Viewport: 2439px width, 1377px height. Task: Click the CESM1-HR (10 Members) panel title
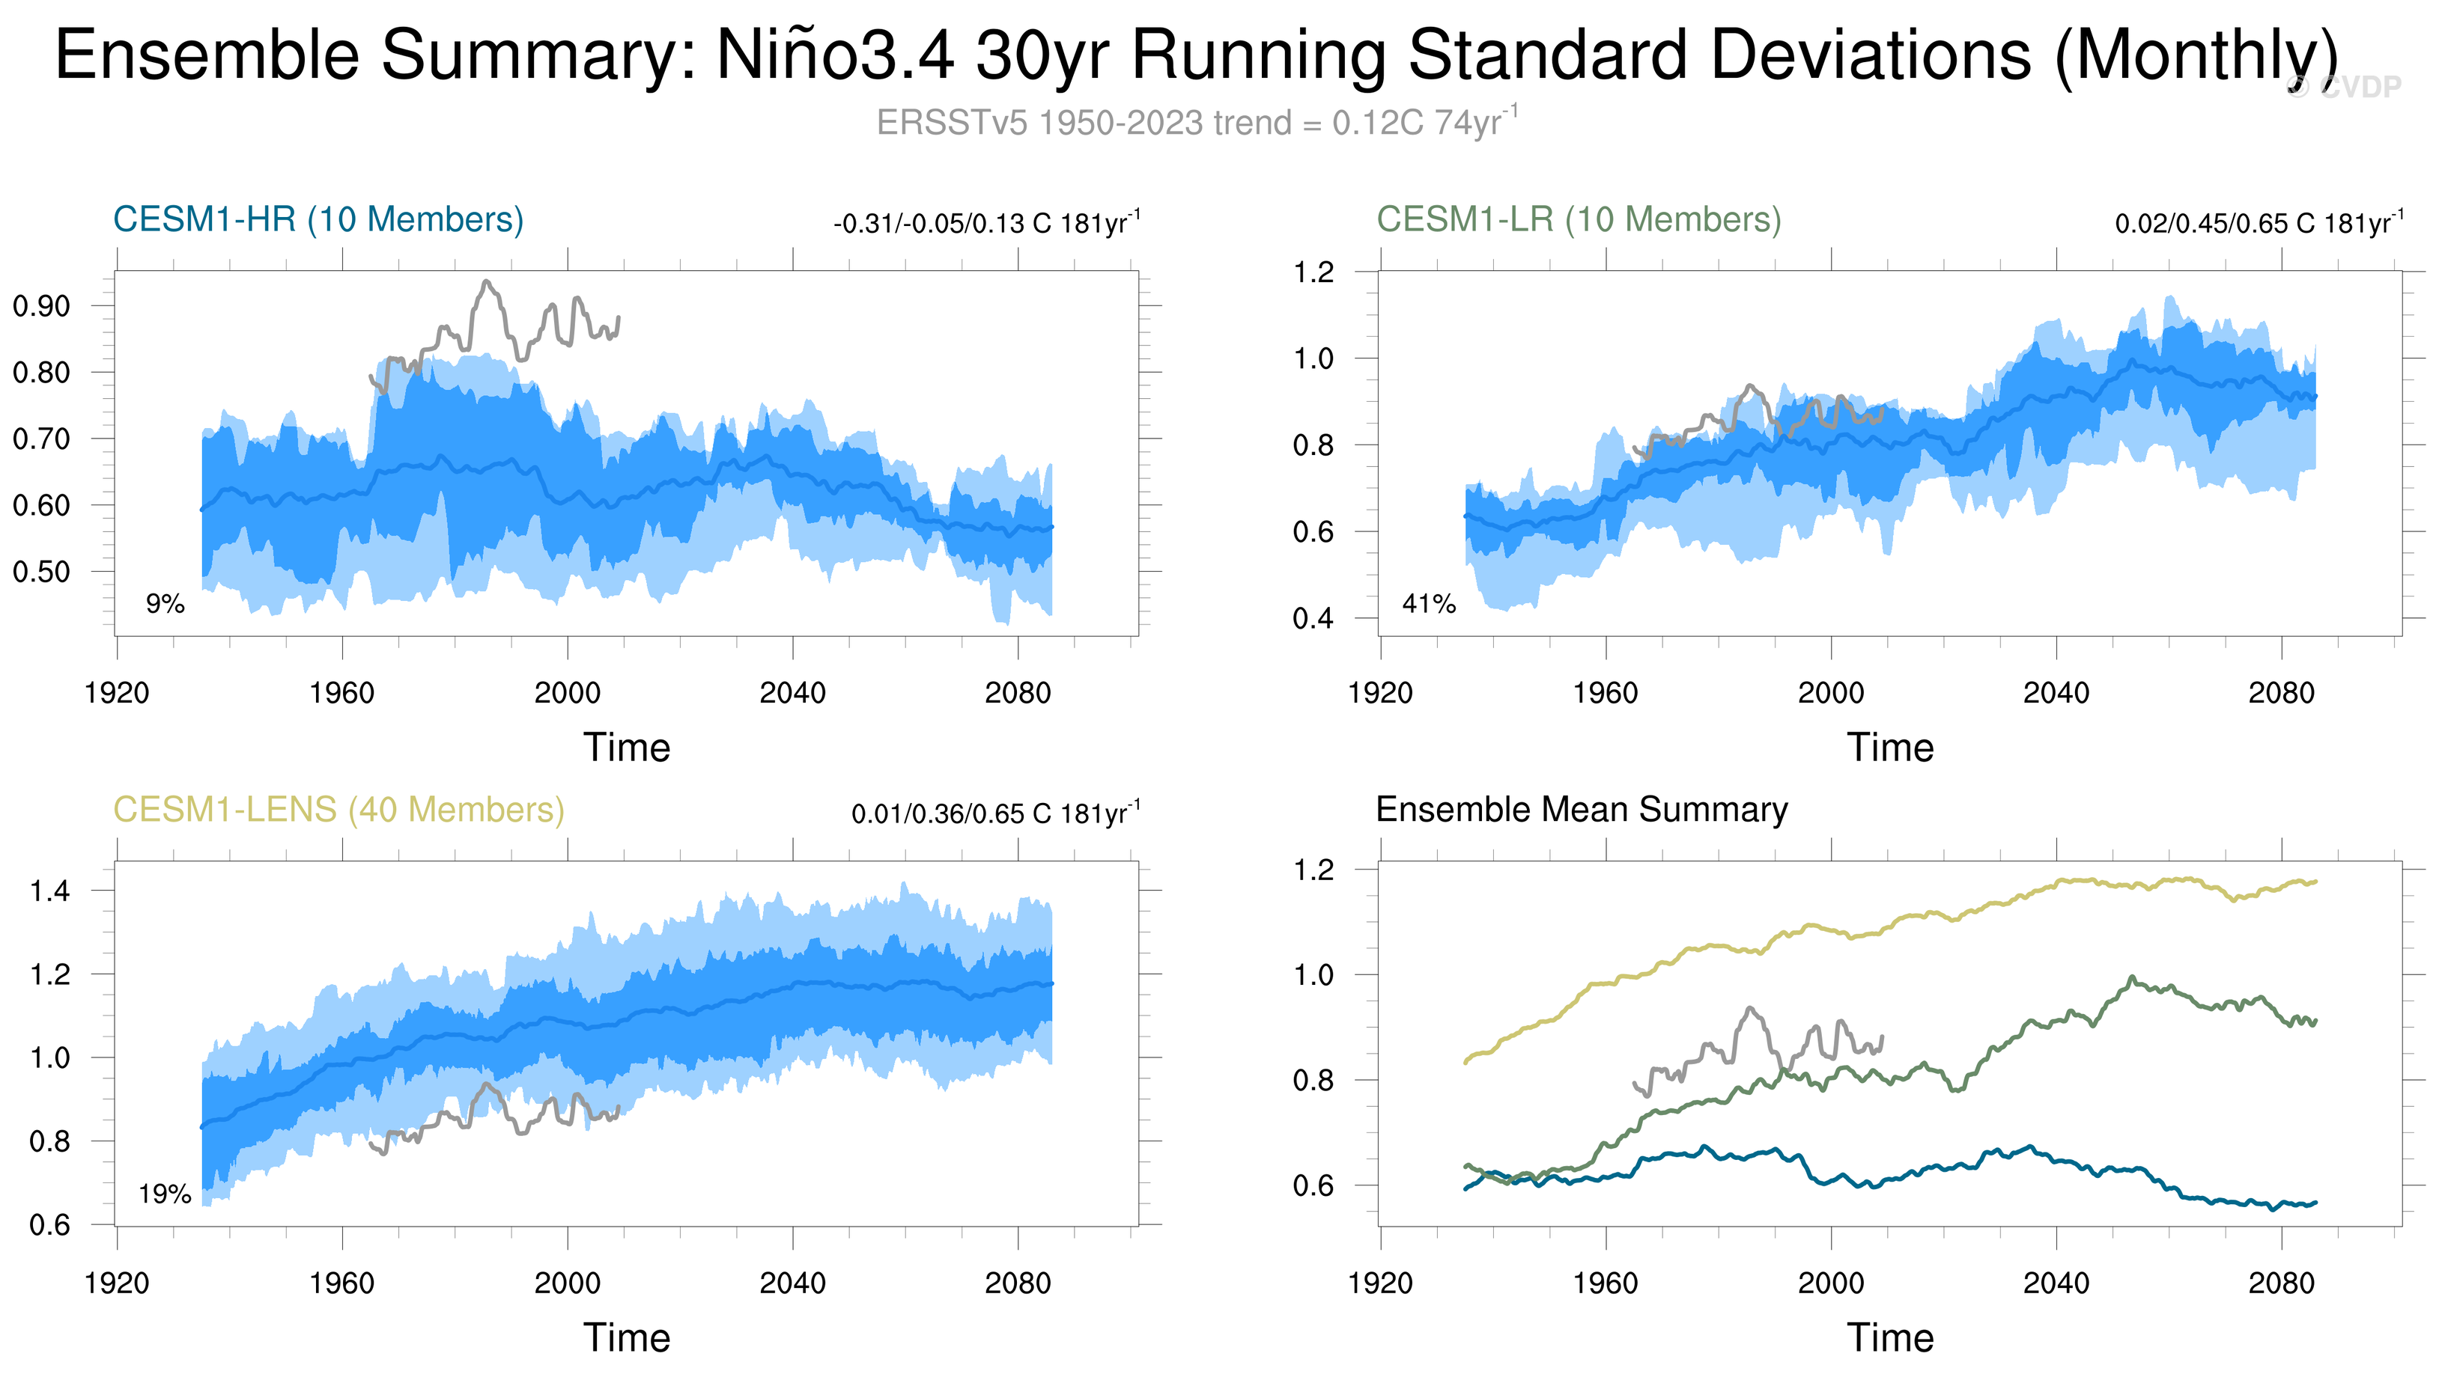click(x=318, y=219)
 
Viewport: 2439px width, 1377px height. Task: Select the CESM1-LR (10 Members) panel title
click(x=1579, y=219)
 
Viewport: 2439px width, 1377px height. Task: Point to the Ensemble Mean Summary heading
click(x=1581, y=810)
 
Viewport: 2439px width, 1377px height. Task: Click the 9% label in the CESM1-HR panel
click(x=165, y=604)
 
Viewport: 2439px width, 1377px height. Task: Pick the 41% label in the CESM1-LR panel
click(x=1429, y=604)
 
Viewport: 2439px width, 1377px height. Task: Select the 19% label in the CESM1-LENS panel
click(x=165, y=1194)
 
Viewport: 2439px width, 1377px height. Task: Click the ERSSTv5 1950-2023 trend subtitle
click(x=1197, y=123)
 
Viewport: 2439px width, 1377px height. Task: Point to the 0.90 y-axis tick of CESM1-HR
click(x=42, y=307)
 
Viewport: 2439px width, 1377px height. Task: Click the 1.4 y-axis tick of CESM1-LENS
click(x=49, y=891)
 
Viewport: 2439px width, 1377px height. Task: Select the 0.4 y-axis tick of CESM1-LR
click(x=1313, y=619)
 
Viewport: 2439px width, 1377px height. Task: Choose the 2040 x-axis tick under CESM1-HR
click(x=792, y=694)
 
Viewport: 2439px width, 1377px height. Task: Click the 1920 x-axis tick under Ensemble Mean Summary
click(x=1379, y=1284)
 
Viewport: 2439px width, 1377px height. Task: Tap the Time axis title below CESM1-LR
click(x=1890, y=748)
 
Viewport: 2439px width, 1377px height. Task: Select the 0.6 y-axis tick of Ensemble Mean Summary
click(x=1313, y=1186)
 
